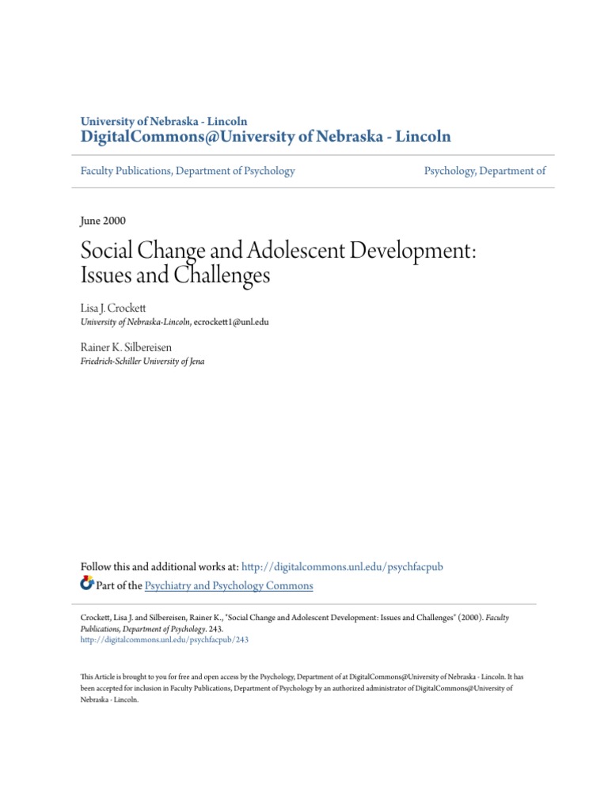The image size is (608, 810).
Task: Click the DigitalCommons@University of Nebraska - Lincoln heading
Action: click(x=266, y=137)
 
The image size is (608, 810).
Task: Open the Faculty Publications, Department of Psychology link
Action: click(x=188, y=171)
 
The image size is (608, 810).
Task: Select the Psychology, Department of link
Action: click(x=484, y=171)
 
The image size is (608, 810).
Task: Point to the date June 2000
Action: click(x=104, y=221)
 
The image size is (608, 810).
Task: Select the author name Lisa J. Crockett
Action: click(x=114, y=306)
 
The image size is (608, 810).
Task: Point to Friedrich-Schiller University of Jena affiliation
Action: click(x=142, y=361)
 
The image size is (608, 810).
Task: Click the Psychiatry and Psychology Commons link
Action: click(x=230, y=586)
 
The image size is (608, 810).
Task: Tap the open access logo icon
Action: click(x=87, y=585)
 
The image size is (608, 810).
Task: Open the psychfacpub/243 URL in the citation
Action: click(x=165, y=640)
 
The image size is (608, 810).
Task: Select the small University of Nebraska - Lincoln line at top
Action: click(x=164, y=121)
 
